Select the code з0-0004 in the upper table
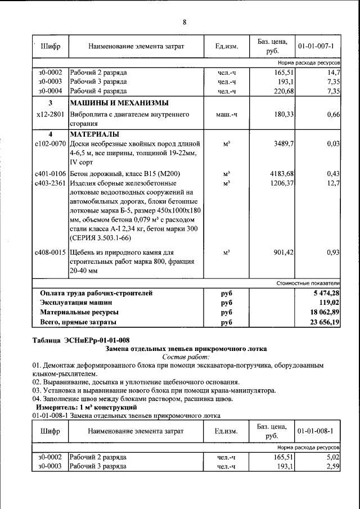click(x=50, y=91)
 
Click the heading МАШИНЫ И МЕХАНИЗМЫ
click(x=119, y=103)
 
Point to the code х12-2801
click(x=50, y=114)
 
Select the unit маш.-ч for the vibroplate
click(x=227, y=114)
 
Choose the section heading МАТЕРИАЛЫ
click(x=94, y=134)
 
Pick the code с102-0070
click(x=50, y=143)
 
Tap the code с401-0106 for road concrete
click(x=50, y=174)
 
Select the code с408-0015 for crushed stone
click(x=50, y=253)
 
